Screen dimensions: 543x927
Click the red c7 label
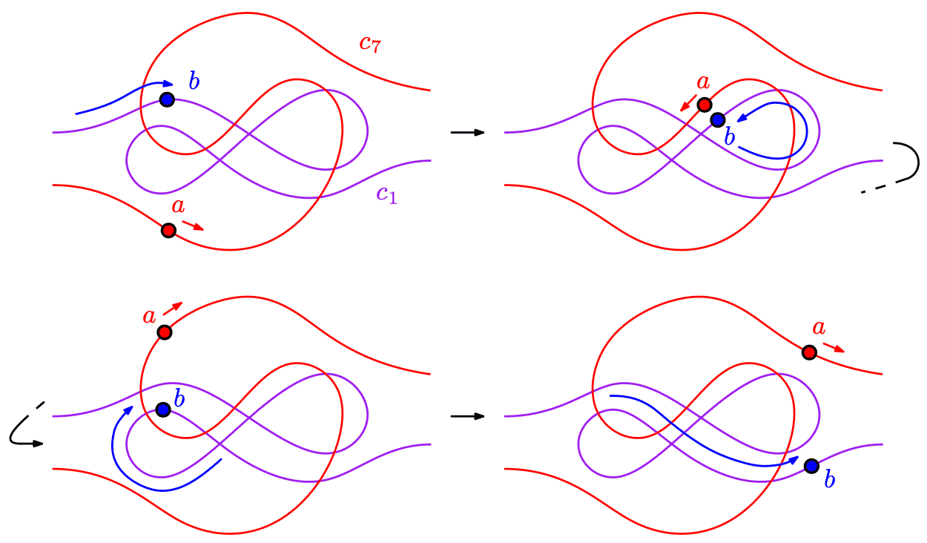(x=370, y=43)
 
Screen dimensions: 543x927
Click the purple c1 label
(x=386, y=194)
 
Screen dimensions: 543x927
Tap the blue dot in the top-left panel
(x=167, y=99)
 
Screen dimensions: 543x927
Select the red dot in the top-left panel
(x=168, y=230)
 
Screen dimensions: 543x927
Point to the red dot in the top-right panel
(x=705, y=105)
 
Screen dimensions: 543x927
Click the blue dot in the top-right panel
(x=717, y=119)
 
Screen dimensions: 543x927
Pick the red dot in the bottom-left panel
(x=165, y=332)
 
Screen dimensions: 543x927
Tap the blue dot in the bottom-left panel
(x=164, y=409)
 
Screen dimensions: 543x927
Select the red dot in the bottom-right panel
(x=809, y=352)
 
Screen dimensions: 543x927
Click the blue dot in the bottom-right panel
(x=811, y=465)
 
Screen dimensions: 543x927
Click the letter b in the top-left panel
(x=194, y=81)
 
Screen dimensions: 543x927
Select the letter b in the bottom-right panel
(x=830, y=480)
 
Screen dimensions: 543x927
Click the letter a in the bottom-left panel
(x=149, y=316)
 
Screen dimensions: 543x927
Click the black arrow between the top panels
(x=467, y=132)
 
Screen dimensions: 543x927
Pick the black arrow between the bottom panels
(x=467, y=416)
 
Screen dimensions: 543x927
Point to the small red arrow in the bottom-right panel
(x=834, y=347)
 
